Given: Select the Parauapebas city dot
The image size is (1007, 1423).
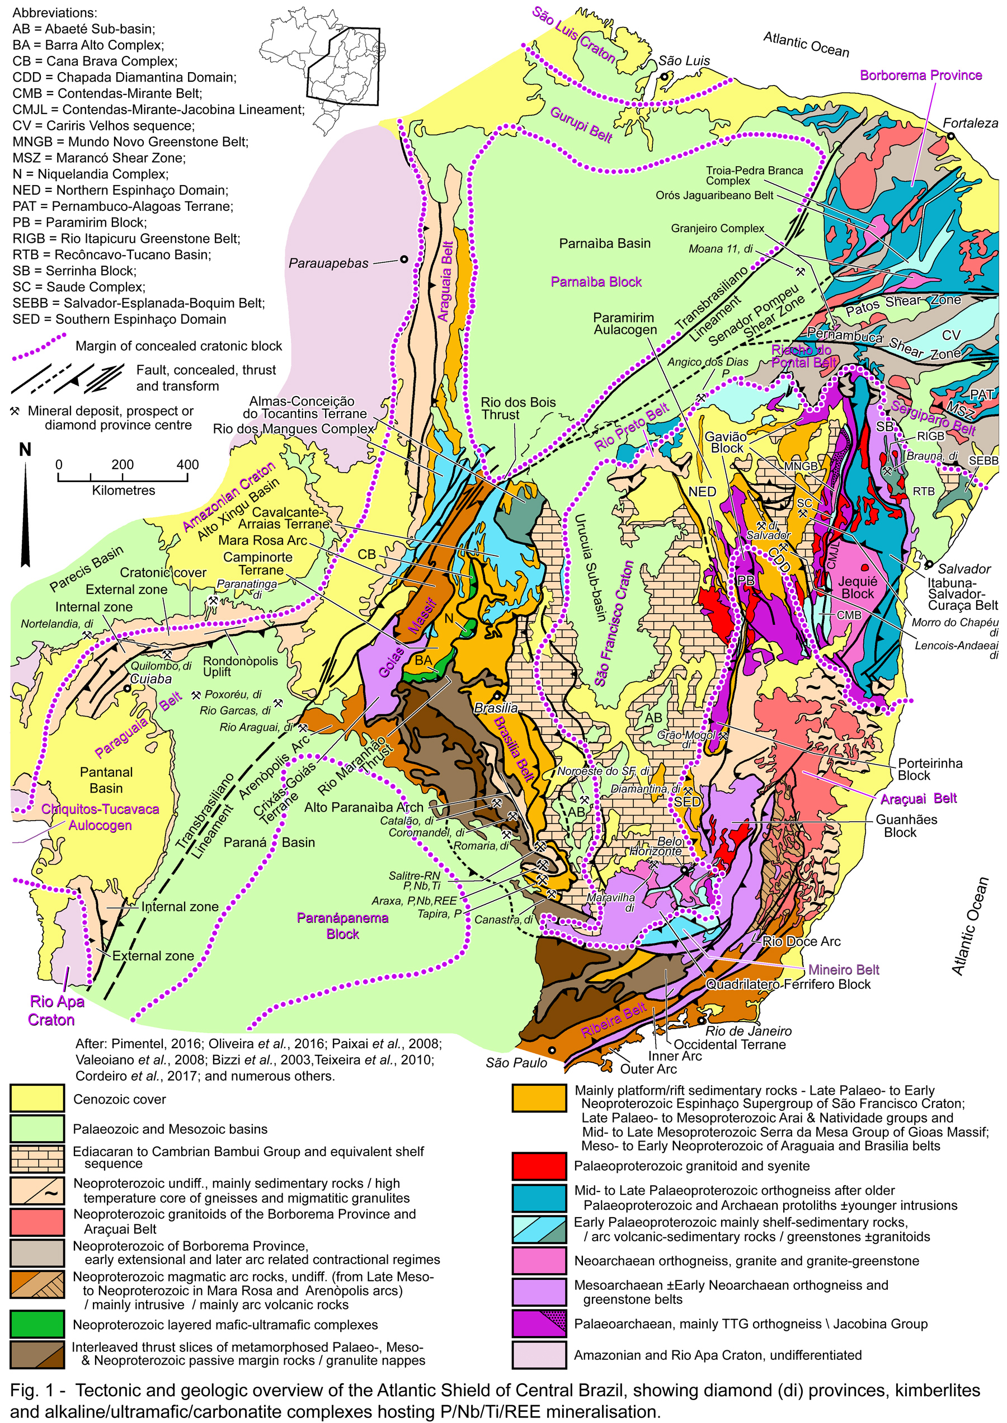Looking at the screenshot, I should pos(404,259).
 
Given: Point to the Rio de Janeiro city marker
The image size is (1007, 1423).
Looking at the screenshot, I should pos(702,1020).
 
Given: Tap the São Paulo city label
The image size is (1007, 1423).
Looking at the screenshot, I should pos(516,1063).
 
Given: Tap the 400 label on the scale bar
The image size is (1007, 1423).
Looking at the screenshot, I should pos(187,464).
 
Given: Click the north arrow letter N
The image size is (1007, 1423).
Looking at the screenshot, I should pos(25,450).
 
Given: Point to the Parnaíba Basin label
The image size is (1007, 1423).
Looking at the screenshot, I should pos(605,244).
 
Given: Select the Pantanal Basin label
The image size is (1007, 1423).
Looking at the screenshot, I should pos(106,780).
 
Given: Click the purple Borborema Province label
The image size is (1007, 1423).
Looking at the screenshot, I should pos(920,75).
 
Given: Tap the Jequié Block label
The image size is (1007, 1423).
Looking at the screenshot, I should pos(858,587).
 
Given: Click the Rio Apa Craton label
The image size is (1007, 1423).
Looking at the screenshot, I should pos(51,1010).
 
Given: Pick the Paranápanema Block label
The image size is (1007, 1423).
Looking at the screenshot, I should pos(342,926).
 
